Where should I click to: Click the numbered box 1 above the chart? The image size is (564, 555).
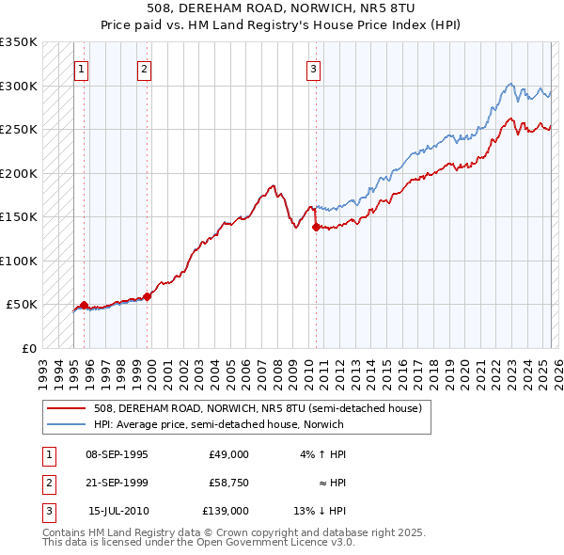pyautogui.click(x=81, y=68)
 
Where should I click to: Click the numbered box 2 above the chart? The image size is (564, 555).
pyautogui.click(x=144, y=68)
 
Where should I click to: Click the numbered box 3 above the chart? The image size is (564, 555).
pyautogui.click(x=312, y=68)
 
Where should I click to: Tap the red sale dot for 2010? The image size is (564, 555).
pyautogui.click(x=315, y=227)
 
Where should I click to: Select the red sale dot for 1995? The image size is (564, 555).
pyautogui.click(x=84, y=305)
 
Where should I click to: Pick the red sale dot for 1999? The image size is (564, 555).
pyautogui.click(x=148, y=296)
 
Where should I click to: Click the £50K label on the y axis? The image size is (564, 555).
pyautogui.click(x=22, y=305)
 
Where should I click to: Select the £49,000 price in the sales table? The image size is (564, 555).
pyautogui.click(x=229, y=454)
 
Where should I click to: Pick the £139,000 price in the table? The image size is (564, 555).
pyautogui.click(x=226, y=511)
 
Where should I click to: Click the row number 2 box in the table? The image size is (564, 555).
pyautogui.click(x=47, y=483)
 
